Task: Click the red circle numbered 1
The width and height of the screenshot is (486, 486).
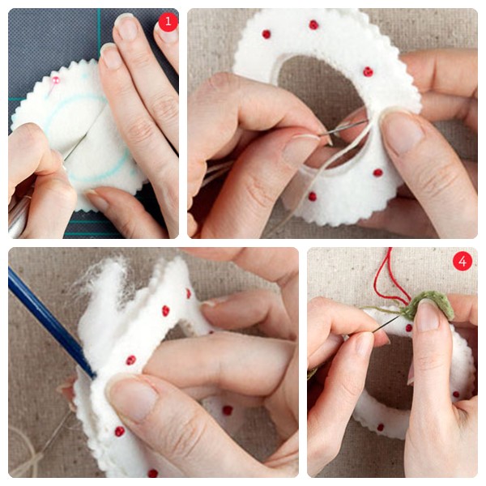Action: point(168,21)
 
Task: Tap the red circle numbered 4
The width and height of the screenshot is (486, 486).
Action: point(463,262)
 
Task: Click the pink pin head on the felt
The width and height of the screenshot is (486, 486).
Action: point(56,80)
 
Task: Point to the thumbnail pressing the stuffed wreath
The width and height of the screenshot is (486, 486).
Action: point(134,398)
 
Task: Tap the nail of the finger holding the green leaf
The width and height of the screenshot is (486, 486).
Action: point(428,315)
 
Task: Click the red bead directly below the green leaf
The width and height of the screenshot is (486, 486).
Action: point(409,327)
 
